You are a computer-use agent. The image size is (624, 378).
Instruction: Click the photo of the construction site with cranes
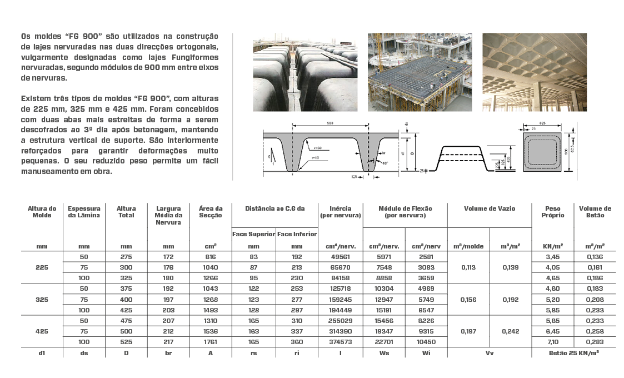[420, 72]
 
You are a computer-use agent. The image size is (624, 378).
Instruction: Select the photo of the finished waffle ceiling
[534, 72]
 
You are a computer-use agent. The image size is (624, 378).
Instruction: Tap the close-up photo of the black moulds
[305, 72]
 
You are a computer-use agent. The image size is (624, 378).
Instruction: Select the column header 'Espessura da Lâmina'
[84, 212]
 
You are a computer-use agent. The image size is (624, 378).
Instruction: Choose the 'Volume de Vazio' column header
[489, 208]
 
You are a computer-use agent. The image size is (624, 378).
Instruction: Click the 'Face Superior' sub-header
[253, 234]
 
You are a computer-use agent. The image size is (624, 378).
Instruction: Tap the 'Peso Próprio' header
[553, 212]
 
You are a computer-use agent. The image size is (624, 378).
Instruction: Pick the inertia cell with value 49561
[340, 257]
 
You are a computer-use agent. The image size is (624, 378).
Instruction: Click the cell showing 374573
[340, 342]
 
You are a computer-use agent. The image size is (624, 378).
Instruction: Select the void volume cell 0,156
[468, 299]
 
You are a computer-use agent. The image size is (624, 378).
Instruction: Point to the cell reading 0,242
[510, 331]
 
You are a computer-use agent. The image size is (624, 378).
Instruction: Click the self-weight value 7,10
[553, 342]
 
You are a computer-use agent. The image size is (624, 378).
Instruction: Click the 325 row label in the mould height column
[42, 299]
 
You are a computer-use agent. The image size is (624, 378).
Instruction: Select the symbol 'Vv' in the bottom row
[489, 352]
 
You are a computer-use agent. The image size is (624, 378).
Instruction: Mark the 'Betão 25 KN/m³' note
[574, 352]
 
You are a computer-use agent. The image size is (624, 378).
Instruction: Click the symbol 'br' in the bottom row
[168, 352]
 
